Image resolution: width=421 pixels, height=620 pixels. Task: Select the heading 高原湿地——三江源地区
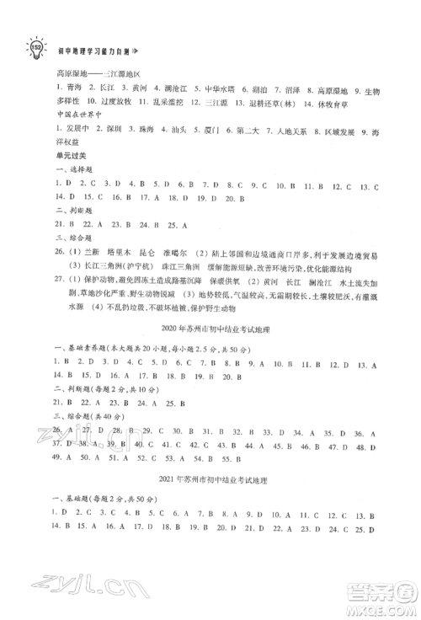pyautogui.click(x=95, y=74)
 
